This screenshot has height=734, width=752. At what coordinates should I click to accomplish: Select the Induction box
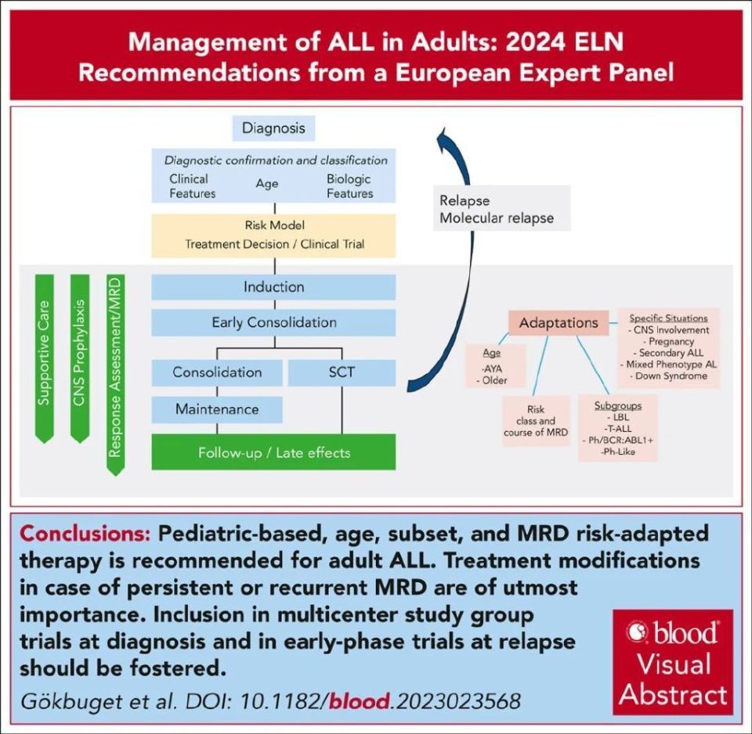273,287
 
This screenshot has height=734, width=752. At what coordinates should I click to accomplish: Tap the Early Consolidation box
273,322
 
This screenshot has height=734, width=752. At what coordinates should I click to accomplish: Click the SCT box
342,372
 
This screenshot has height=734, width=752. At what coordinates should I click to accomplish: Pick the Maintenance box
217,408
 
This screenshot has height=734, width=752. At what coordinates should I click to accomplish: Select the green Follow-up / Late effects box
273,452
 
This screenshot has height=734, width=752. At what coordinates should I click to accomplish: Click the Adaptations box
559,322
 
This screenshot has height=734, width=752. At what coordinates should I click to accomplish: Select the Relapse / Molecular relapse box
497,209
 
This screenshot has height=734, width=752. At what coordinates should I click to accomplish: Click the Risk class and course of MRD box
537,421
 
